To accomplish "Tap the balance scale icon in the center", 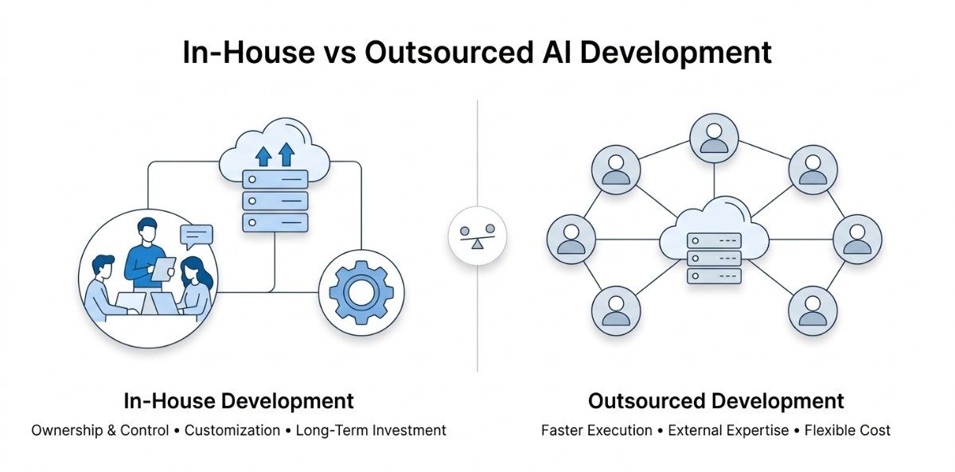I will click(477, 236).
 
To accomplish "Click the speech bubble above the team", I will click(197, 235).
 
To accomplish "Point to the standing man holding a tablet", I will click(147, 253).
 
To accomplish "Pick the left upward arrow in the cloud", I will click(263, 154).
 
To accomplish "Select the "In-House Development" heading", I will click(239, 400).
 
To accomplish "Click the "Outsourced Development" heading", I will click(716, 400).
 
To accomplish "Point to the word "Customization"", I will click(232, 431).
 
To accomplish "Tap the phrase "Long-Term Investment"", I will click(371, 431).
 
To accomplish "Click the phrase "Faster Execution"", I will click(597, 431).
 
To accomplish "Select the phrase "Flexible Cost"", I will click(847, 431).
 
